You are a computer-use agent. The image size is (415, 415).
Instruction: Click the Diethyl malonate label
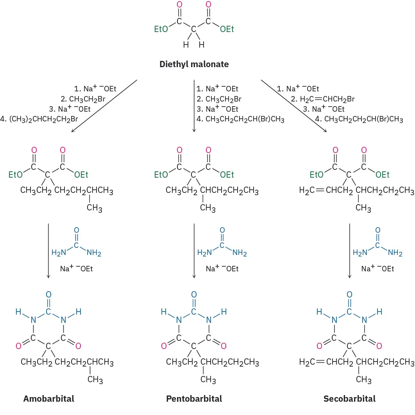click(194, 64)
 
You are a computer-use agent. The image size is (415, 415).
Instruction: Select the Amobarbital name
click(48, 399)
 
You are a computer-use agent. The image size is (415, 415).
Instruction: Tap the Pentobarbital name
click(194, 399)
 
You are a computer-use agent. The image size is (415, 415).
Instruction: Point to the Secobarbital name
click(349, 399)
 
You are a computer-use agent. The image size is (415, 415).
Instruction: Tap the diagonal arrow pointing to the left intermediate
click(105, 106)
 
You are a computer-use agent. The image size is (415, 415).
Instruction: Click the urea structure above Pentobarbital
click(222, 244)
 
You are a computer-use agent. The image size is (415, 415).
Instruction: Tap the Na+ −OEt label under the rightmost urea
click(377, 269)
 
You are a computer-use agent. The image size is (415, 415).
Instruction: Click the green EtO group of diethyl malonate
click(161, 30)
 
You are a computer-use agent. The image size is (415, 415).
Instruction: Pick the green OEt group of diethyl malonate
click(227, 30)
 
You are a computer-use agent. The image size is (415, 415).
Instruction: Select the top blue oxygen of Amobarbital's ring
click(48, 294)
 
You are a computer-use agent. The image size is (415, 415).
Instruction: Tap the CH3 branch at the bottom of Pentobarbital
click(208, 379)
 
